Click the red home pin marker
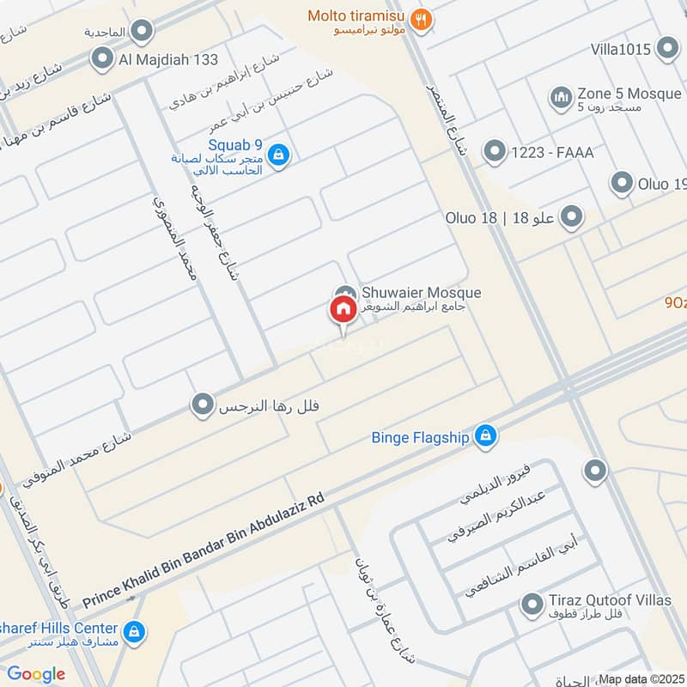pos(342,311)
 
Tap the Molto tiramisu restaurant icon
pos(421,19)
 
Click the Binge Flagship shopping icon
pos(486,437)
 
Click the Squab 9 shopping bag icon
pos(278,155)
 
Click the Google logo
pos(36,674)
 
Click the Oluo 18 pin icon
pos(570,218)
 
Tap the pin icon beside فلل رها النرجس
pos(204,404)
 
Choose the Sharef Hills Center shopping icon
pos(133,633)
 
